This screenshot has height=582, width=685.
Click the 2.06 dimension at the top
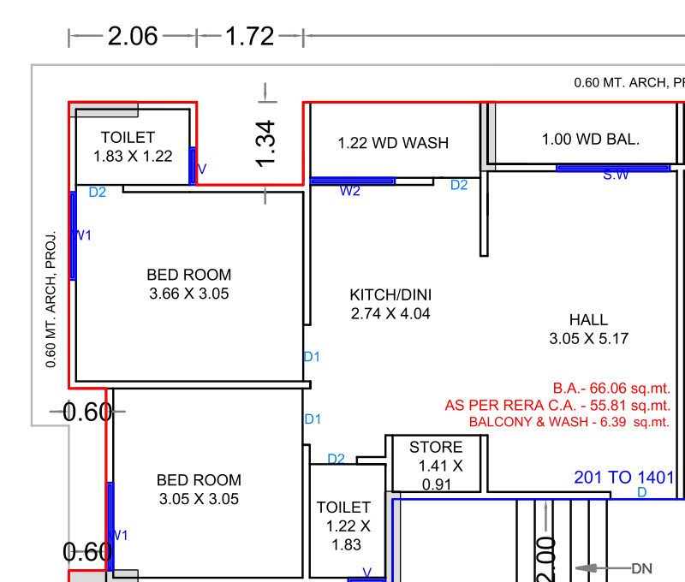(132, 36)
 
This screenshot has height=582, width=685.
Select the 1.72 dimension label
(249, 36)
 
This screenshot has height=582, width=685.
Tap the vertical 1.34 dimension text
(266, 144)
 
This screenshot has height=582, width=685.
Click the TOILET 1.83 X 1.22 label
(132, 146)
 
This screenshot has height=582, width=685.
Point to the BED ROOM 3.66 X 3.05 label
(188, 283)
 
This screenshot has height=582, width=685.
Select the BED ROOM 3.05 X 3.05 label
(199, 489)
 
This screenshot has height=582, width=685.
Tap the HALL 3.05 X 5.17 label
(588, 329)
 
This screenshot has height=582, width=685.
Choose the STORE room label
(436, 447)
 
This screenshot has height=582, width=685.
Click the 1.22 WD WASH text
(393, 143)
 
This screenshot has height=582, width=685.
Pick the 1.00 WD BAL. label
(590, 139)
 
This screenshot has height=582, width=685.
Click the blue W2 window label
(349, 191)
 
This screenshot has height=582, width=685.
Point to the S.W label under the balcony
(616, 175)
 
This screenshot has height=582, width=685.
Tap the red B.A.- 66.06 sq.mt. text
(611, 388)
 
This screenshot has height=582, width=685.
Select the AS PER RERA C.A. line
(557, 405)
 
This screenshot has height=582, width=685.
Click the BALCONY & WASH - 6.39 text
(569, 422)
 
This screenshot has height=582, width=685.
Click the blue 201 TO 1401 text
(623, 478)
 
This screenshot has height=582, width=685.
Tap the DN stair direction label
(642, 568)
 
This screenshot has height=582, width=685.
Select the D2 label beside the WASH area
(459, 185)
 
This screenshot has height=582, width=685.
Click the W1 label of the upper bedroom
(84, 235)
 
